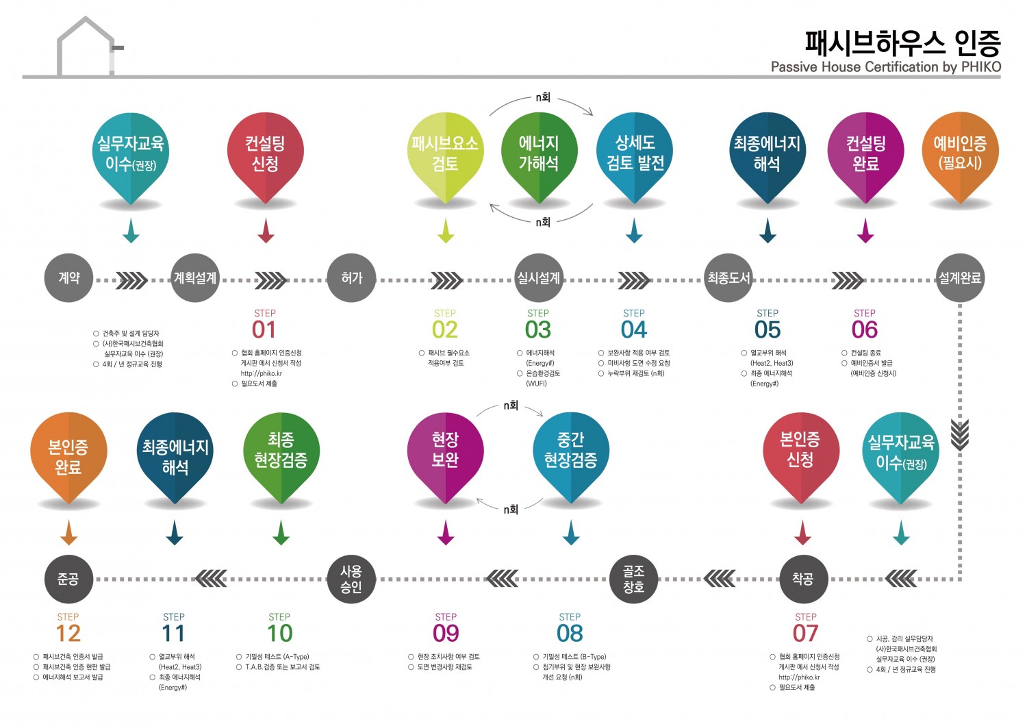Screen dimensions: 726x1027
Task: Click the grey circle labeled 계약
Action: pyautogui.click(x=68, y=278)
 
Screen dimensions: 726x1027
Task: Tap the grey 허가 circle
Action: pyautogui.click(x=351, y=278)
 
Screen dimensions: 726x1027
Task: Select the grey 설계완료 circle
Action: pyautogui.click(x=960, y=278)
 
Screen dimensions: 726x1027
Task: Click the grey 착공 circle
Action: pyautogui.click(x=803, y=579)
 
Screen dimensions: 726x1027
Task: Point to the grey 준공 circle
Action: pyautogui.click(x=68, y=579)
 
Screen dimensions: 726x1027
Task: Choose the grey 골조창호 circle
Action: pyautogui.click(x=633, y=579)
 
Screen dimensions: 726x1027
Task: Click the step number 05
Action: pyautogui.click(x=768, y=330)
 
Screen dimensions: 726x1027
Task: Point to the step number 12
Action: pyautogui.click(x=68, y=634)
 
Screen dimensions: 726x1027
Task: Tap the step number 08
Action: pyautogui.click(x=570, y=634)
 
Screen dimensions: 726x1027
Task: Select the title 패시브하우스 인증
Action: pyautogui.click(x=902, y=42)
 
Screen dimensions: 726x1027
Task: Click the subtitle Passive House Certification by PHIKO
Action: pyautogui.click(x=885, y=67)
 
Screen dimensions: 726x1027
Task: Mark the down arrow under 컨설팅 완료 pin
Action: pyautogui.click(x=865, y=231)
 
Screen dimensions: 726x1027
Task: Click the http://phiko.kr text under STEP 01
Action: pyautogui.click(x=262, y=373)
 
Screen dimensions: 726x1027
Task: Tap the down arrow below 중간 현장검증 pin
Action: pyautogui.click(x=570, y=532)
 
